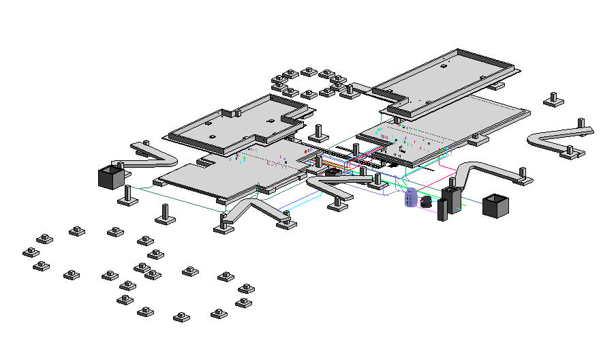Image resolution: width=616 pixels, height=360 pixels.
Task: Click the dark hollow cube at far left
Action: pos(110,177)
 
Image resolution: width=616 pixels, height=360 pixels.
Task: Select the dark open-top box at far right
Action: pos(495,205)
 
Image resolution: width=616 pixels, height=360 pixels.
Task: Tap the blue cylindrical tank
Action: pos(411,198)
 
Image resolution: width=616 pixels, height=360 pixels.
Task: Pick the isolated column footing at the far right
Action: pos(553,100)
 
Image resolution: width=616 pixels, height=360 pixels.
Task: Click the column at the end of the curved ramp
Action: pos(522,176)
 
